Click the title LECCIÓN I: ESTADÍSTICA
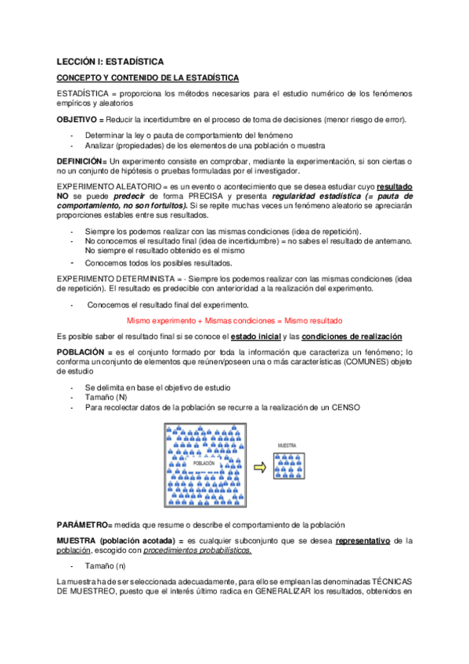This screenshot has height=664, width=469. [110, 60]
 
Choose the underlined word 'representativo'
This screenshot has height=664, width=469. [363, 540]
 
